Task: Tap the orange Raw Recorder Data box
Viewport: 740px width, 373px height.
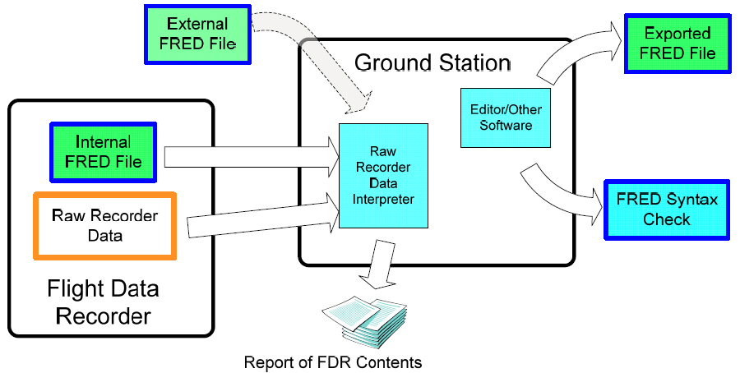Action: [x=104, y=225]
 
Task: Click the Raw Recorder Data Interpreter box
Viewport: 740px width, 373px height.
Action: [x=383, y=176]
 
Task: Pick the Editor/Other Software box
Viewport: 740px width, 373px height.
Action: [x=501, y=117]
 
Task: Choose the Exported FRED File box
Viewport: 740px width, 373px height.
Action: [x=677, y=44]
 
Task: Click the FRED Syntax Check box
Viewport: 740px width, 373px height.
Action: [x=667, y=210]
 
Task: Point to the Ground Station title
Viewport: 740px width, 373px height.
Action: [x=432, y=62]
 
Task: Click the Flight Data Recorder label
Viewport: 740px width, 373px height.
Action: [x=103, y=302]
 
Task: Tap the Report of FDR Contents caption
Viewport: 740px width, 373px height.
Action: [x=332, y=361]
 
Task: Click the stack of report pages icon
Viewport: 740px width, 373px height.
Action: [x=364, y=320]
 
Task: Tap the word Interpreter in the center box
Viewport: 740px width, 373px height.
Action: [x=383, y=199]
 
